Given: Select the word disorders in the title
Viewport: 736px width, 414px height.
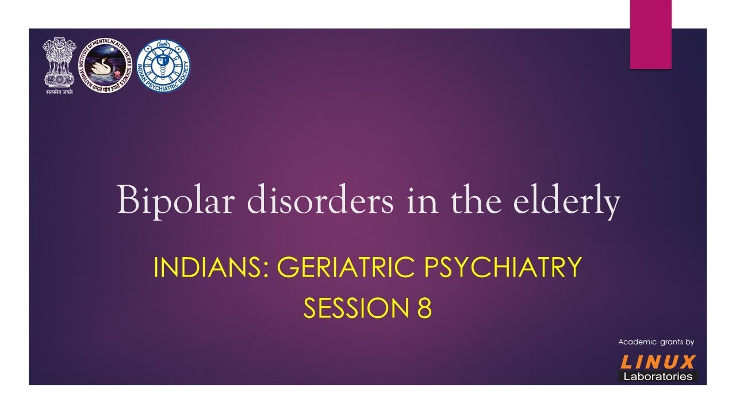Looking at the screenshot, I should coord(299,201).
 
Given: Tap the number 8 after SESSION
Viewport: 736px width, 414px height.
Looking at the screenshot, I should coord(424,308).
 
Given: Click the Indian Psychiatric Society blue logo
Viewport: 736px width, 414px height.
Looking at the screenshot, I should coord(163,66).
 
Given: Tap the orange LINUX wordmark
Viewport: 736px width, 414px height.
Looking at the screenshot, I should coord(658,362).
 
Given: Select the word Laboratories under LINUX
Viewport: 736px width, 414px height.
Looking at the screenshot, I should coord(658,377).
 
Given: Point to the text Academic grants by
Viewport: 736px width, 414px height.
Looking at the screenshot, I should coord(656,342).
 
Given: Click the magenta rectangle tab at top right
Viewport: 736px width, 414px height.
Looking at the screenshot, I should coord(650,34).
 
